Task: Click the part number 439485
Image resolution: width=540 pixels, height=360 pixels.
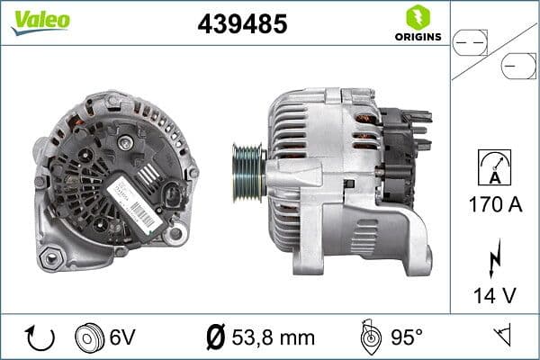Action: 242,24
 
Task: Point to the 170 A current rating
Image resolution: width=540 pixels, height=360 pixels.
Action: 495,205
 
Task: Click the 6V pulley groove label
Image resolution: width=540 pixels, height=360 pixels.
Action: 122,337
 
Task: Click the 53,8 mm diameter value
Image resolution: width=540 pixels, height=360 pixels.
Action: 273,337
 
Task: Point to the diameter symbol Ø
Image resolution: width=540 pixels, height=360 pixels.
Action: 215,337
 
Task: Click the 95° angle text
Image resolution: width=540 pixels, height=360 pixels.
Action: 406,337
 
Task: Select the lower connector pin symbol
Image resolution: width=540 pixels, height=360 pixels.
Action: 518,66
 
